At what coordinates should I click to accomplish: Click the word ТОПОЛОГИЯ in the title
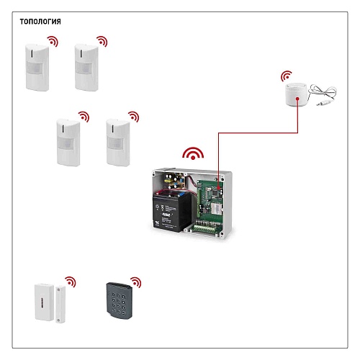pyautogui.click(x=40, y=22)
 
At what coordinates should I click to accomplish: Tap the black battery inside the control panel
pyautogui.click(x=171, y=212)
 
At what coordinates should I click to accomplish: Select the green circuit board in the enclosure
pyautogui.click(x=210, y=200)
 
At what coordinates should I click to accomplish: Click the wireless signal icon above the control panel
pyautogui.click(x=193, y=153)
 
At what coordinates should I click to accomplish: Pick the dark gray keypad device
pyautogui.click(x=120, y=301)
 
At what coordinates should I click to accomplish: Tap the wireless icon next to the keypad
pyautogui.click(x=136, y=282)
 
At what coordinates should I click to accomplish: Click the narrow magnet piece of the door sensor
pyautogui.click(x=60, y=304)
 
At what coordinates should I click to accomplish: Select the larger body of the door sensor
pyautogui.click(x=45, y=302)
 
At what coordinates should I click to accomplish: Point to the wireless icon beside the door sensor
pyautogui.click(x=71, y=282)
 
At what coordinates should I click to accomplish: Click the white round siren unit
pyautogui.click(x=297, y=94)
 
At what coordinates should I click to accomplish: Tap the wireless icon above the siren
pyautogui.click(x=287, y=76)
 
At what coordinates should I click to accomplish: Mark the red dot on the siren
pyautogui.click(x=297, y=99)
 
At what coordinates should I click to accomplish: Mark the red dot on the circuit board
pyautogui.click(x=218, y=187)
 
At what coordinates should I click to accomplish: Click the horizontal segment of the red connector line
pyautogui.click(x=258, y=132)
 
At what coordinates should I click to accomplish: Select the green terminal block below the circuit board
pyautogui.click(x=207, y=229)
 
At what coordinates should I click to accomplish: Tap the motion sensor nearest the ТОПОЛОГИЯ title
pyautogui.click(x=37, y=67)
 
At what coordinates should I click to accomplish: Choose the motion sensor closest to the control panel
pyautogui.click(x=118, y=143)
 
